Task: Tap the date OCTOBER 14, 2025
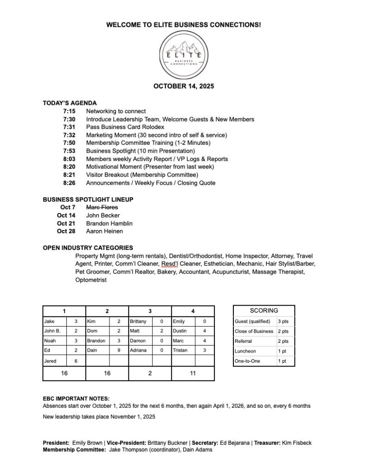click(183, 86)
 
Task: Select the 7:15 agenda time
click(69, 111)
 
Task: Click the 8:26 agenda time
click(69, 183)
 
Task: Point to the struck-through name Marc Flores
click(102, 207)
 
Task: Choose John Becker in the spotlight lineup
click(103, 215)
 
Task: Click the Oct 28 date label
click(66, 231)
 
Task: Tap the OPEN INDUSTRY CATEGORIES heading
click(88, 248)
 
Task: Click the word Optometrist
click(90, 280)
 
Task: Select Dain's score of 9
click(119, 350)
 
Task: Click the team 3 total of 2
click(150, 373)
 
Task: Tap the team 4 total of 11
click(193, 373)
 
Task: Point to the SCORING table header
click(264, 310)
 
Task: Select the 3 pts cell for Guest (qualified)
click(283, 321)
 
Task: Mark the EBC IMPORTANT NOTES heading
click(76, 398)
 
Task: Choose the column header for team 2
click(107, 311)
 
